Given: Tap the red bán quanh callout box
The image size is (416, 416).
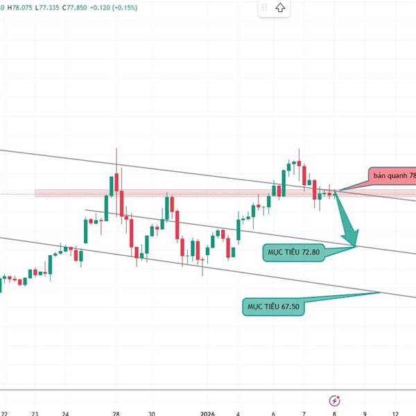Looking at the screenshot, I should pyautogui.click(x=392, y=177).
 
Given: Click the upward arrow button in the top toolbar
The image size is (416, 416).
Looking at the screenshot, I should pyautogui.click(x=279, y=8).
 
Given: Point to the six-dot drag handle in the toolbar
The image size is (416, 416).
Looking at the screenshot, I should pyautogui.click(x=263, y=8).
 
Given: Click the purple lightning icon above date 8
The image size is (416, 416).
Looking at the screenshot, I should pyautogui.click(x=335, y=400).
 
